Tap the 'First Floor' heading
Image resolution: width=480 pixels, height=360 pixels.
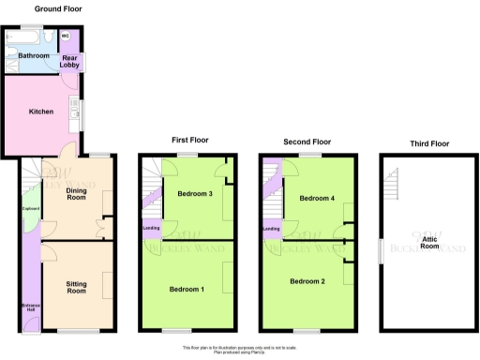click(190, 140)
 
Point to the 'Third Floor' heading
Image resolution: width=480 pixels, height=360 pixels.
click(429, 144)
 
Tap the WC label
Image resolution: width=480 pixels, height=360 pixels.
click(66, 37)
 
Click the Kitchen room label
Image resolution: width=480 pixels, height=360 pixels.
click(40, 112)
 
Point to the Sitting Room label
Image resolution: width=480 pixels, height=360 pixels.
click(76, 286)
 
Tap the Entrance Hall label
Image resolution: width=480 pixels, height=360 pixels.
click(30, 308)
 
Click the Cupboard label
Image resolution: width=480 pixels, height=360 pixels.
click(30, 221)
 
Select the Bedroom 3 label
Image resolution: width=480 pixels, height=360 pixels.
click(195, 194)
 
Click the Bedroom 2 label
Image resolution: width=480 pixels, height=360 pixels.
click(307, 281)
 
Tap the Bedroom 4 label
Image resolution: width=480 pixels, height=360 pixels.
click(317, 199)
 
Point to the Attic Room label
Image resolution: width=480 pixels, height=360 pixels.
click(430, 245)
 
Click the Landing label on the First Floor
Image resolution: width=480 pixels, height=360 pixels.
click(150, 228)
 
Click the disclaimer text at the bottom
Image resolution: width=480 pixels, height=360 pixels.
click(239, 349)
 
